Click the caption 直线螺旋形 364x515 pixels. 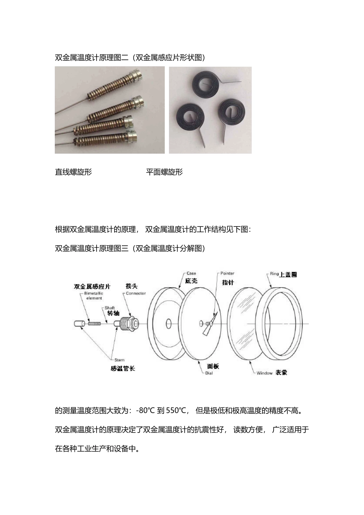(73, 172)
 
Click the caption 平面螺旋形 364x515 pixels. (164, 172)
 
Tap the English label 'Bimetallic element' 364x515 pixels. (93, 296)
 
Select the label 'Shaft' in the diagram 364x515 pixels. (110, 308)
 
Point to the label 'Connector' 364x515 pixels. (136, 293)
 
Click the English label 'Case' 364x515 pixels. (191, 273)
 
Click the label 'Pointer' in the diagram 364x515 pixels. (227, 273)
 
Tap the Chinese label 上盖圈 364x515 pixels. (289, 274)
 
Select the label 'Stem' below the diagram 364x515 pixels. (119, 360)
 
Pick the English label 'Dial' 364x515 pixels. (209, 373)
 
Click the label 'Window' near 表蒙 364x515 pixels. (264, 373)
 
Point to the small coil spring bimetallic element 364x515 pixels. (94, 324)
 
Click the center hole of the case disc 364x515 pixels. (168, 324)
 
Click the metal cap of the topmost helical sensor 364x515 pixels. (137, 75)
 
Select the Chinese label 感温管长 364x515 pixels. (123, 368)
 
